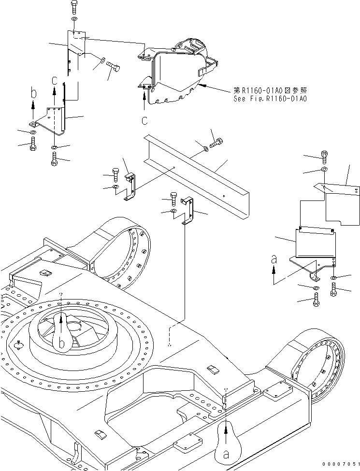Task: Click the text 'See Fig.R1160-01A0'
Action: (270, 99)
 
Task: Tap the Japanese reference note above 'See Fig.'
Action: (270, 90)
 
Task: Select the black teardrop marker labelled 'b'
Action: (61, 333)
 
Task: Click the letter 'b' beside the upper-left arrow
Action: (33, 93)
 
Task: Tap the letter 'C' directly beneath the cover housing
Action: (144, 119)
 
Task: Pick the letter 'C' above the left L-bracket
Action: (55, 80)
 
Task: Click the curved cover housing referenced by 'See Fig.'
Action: (176, 72)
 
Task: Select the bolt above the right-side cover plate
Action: (324, 156)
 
